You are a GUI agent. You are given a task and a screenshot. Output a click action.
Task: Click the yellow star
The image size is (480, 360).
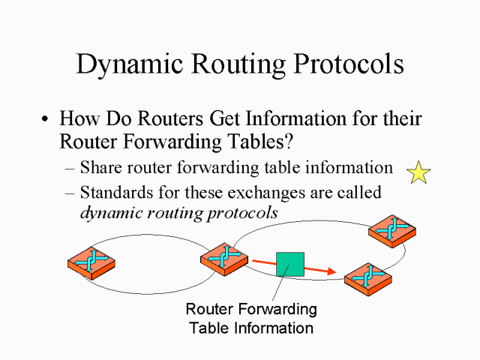click(x=418, y=173)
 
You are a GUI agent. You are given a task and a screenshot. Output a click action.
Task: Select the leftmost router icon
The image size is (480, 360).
click(x=91, y=262)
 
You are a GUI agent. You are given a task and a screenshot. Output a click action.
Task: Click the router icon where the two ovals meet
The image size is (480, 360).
click(x=223, y=258)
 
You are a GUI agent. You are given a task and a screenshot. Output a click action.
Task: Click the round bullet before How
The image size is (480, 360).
click(x=46, y=120)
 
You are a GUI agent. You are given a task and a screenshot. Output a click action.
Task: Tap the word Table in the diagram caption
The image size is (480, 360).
click(x=208, y=328)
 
